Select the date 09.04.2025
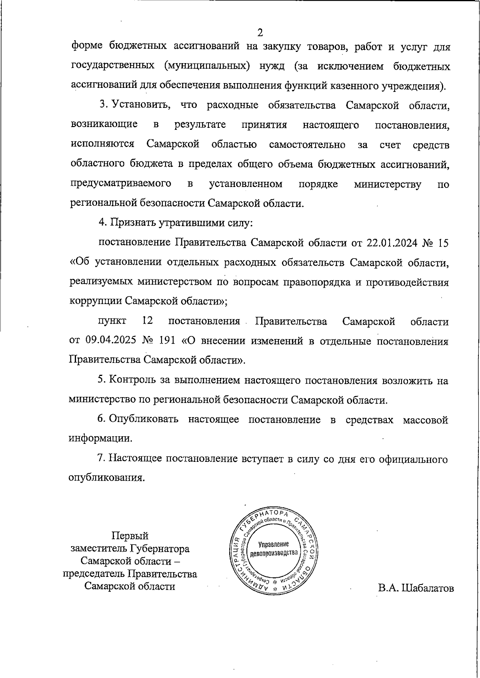(110, 341)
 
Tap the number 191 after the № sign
(168, 341)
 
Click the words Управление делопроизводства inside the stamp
(274, 549)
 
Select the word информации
(100, 439)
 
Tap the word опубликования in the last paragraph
(106, 478)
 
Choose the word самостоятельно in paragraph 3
(307, 145)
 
